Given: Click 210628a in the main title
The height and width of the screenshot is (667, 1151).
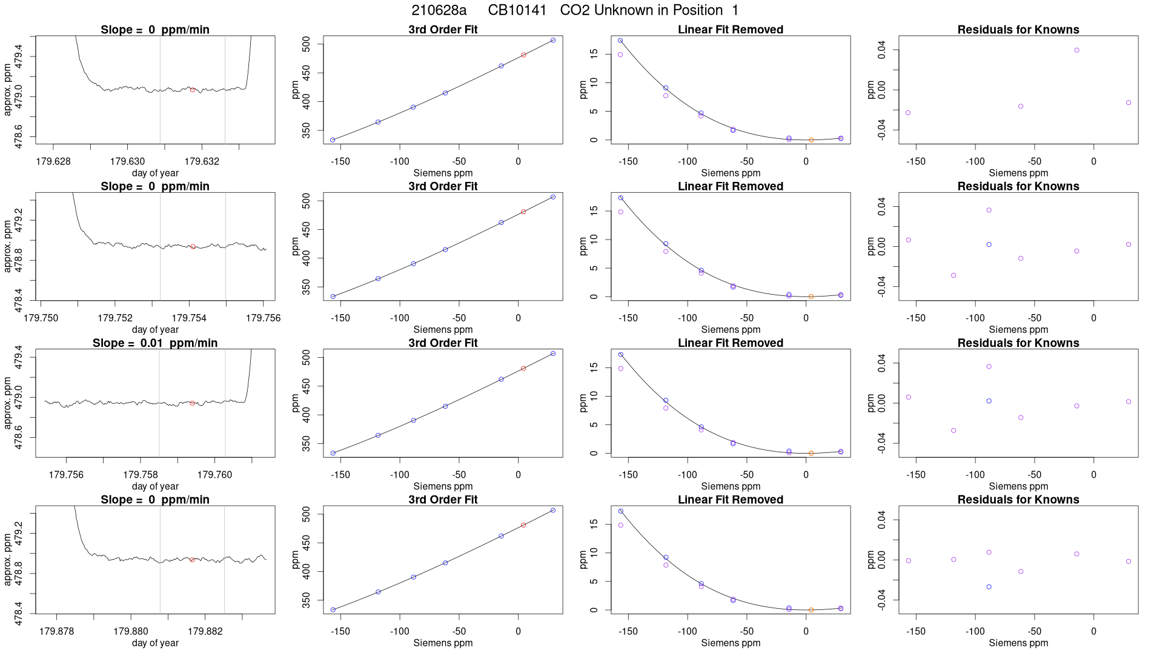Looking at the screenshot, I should tap(439, 10).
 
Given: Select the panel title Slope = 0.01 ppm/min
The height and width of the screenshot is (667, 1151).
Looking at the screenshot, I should tap(155, 343).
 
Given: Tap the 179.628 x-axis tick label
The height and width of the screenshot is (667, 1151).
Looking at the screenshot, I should tap(53, 161).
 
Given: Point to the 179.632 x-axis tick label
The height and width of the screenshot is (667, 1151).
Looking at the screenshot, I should tap(202, 161).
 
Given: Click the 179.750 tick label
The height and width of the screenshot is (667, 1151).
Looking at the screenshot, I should tap(41, 318).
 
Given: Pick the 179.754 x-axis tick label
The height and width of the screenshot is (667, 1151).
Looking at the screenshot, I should tap(189, 318).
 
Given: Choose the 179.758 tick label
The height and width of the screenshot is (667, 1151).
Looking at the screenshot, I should tap(141, 475).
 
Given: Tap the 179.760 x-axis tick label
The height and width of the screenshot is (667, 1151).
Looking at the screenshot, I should tap(214, 475).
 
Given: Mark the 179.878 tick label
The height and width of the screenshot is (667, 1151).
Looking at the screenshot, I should tap(56, 631).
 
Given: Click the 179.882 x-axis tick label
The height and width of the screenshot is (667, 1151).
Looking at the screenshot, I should tap(205, 631).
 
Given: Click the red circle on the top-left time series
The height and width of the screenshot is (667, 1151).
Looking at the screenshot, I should tap(193, 90).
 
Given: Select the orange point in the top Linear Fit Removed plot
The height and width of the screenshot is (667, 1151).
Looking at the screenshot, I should tap(811, 140).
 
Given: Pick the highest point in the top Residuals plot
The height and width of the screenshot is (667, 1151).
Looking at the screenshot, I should tap(1076, 50).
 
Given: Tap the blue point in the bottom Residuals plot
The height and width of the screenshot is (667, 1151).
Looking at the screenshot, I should tap(989, 587).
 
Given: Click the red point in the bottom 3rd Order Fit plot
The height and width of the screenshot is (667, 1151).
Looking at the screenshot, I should tap(523, 525).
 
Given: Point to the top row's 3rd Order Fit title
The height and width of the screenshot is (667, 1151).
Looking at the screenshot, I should tap(443, 30).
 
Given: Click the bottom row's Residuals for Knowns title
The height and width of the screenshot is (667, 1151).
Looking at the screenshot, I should tap(1018, 500).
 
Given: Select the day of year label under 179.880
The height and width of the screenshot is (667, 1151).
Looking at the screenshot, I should tap(155, 643).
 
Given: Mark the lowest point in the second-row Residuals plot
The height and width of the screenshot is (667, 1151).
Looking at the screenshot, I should tap(954, 275).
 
